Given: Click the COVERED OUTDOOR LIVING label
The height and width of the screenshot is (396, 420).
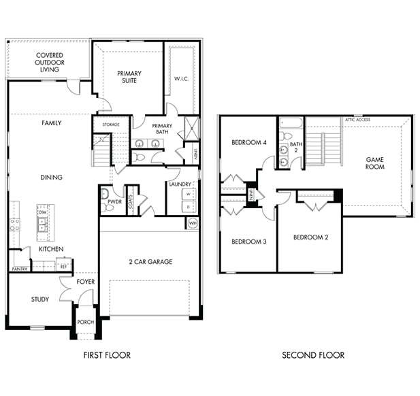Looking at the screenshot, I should [x=50, y=62].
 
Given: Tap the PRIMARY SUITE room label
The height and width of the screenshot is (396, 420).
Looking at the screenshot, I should [x=128, y=76].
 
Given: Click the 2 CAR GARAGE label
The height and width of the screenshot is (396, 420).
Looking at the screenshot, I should [x=150, y=262].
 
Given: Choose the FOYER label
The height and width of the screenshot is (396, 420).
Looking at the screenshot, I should [x=86, y=282].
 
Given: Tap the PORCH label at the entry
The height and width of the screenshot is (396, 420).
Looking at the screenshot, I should [x=86, y=323].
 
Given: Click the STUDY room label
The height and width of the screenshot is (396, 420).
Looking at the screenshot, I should [x=39, y=299].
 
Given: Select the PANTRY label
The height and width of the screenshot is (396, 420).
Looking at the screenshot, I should [x=19, y=269].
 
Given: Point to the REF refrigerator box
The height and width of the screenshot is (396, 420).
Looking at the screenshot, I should [x=64, y=267].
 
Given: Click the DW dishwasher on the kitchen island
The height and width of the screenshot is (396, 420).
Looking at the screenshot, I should [x=42, y=212].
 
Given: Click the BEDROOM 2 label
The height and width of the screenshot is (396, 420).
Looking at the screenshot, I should [x=311, y=237].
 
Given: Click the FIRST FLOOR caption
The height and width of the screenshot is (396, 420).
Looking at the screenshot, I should [x=107, y=355].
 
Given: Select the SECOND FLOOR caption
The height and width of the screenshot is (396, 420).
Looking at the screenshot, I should [x=313, y=355].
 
